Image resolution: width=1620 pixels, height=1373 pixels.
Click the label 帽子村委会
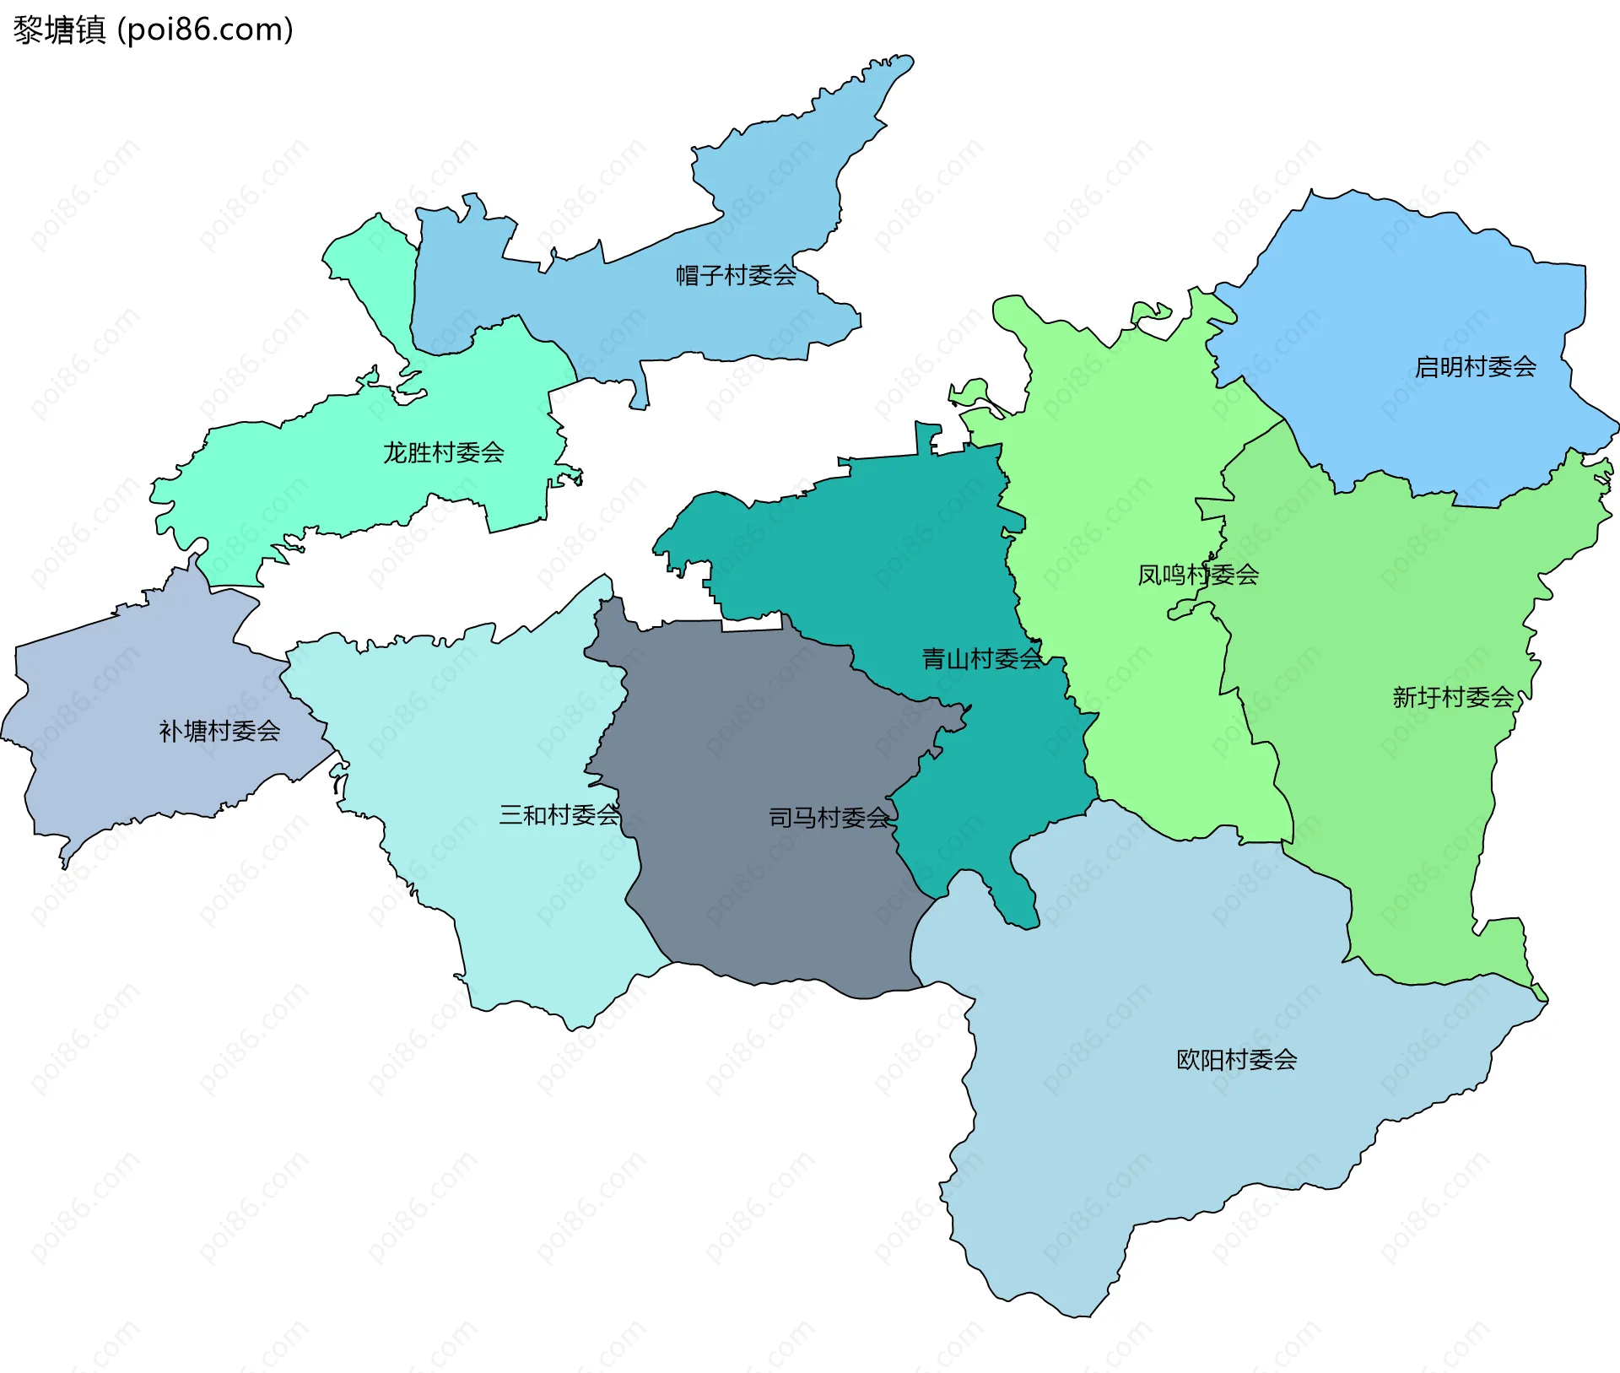(736, 275)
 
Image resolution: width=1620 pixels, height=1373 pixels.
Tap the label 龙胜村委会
(444, 453)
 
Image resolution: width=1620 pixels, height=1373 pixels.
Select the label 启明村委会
(1475, 367)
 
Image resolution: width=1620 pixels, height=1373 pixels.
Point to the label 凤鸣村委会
(1197, 576)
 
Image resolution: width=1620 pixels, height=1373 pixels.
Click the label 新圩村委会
(1452, 698)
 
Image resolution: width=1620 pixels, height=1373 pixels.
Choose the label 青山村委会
(981, 659)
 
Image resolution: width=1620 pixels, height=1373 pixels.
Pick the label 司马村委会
(829, 818)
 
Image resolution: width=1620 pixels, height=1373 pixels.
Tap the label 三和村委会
(559, 815)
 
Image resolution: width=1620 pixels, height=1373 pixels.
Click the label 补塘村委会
(219, 732)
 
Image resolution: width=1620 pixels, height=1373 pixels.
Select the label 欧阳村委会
(1236, 1060)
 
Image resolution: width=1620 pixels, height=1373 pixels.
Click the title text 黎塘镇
(59, 30)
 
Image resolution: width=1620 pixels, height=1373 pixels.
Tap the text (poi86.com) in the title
(205, 30)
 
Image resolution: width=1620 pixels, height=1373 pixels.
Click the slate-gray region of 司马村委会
(759, 743)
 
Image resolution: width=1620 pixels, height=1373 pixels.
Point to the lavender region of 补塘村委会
(127, 692)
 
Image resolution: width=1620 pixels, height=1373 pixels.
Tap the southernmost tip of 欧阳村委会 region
(1080, 1312)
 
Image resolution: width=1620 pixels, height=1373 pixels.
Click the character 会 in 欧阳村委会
(1285, 1060)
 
